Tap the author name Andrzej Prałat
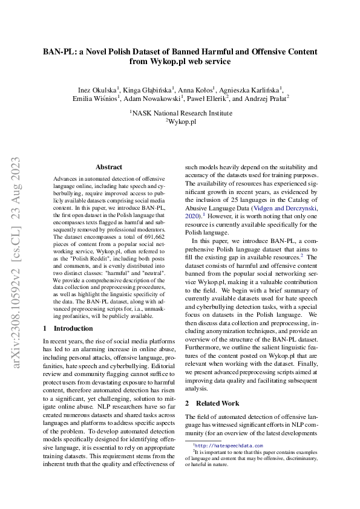click(x=267, y=97)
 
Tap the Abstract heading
click(x=109, y=167)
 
